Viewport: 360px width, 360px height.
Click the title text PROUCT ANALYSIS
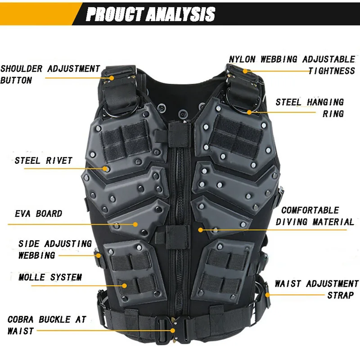150,13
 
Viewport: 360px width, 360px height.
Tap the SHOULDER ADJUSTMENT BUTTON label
50,74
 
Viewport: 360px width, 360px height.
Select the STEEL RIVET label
43,161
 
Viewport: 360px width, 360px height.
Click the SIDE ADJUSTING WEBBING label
54,249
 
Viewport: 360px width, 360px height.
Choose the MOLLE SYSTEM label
50,277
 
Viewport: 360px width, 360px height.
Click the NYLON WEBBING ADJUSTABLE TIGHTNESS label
292,65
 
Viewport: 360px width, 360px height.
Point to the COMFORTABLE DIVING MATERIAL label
315,216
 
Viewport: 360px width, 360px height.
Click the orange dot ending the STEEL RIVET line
106,169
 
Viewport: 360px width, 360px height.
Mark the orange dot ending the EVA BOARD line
135,224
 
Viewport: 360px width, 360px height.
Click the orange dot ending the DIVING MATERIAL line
200,229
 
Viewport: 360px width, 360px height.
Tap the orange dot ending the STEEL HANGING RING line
249,112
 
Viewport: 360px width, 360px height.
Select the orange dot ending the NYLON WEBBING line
246,71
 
